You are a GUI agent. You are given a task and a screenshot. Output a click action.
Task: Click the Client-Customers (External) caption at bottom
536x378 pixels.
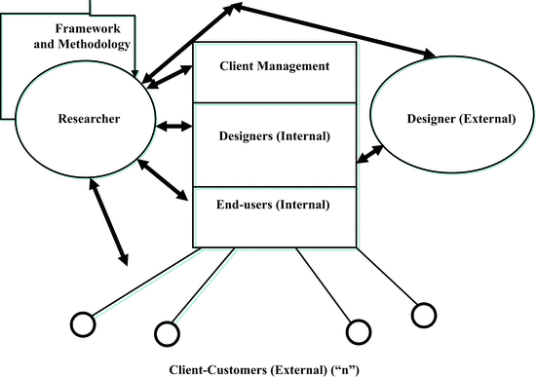[269, 370]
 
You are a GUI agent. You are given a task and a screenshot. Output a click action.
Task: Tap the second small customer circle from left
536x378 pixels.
[167, 332]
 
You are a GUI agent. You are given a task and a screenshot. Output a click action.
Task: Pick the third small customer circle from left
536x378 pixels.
[358, 330]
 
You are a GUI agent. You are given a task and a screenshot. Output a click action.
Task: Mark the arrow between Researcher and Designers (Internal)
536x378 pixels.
[174, 126]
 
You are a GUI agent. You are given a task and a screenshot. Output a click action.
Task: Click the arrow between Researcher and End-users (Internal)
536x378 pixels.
[169, 183]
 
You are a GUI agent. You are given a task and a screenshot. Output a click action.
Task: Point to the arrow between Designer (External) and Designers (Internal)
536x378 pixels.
[370, 151]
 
